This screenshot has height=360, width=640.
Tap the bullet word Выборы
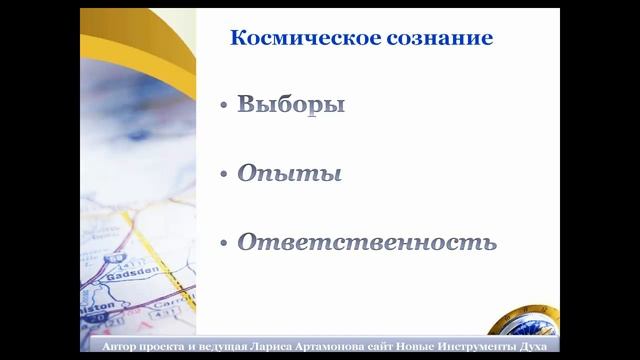coord(291,105)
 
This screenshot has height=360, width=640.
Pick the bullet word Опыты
coord(289,173)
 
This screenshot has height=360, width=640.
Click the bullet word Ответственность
coord(366,241)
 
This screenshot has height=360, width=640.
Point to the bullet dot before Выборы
coord(223,106)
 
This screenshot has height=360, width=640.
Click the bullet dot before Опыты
coord(223,174)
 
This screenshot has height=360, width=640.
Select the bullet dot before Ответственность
coord(223,242)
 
